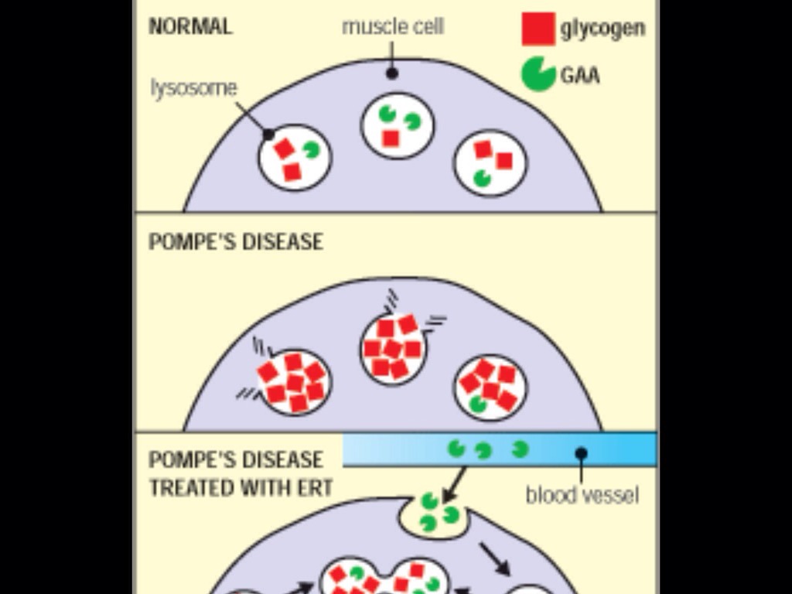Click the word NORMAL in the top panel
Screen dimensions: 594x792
[189, 26]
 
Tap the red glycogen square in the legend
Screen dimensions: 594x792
[538, 29]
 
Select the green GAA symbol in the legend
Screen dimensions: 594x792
[538, 74]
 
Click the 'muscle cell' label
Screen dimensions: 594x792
[393, 26]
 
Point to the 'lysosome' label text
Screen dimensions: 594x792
[193, 88]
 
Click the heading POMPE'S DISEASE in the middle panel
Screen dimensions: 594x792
[235, 242]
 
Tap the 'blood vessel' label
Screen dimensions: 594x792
[582, 494]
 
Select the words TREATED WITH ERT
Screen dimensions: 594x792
[241, 488]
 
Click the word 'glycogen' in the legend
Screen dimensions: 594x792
[603, 29]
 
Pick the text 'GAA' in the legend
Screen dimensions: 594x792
[580, 75]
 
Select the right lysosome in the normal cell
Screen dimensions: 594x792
[490, 163]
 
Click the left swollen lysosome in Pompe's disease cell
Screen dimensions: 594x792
[293, 381]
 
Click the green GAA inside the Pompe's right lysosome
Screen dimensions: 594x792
[477, 403]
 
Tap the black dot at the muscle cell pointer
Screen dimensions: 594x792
[392, 73]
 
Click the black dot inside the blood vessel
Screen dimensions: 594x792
[581, 452]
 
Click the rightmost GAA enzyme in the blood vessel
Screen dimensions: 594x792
[520, 448]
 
